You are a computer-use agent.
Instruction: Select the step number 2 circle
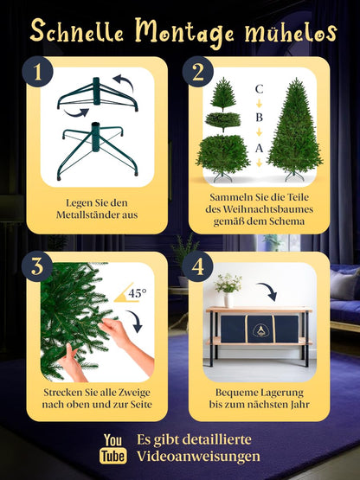pyautogui.click(x=198, y=73)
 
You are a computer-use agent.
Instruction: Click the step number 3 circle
pyautogui.click(x=37, y=267)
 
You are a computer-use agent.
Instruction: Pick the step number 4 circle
pyautogui.click(x=198, y=267)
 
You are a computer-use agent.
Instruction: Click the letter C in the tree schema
pyautogui.click(x=259, y=89)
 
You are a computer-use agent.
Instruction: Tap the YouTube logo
pyautogui.click(x=114, y=449)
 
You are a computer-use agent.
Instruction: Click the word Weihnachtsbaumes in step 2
pyautogui.click(x=259, y=214)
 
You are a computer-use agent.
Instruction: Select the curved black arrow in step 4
pyautogui.click(x=268, y=290)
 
